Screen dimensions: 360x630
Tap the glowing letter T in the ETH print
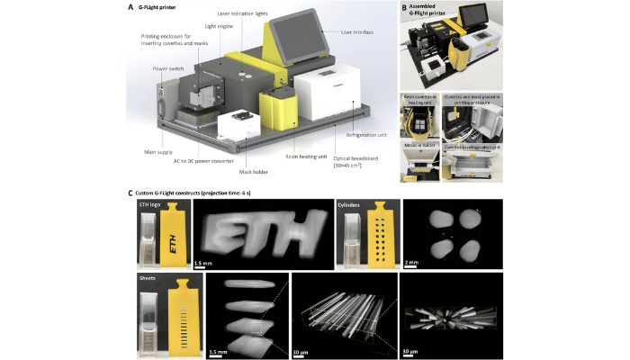[x=265, y=229]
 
